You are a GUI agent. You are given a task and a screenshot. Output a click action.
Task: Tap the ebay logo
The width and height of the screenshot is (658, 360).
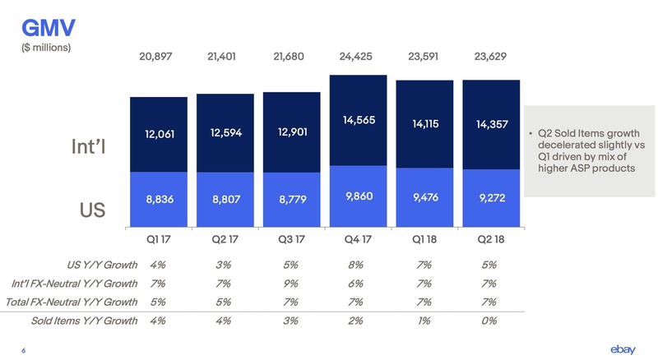click(623, 349)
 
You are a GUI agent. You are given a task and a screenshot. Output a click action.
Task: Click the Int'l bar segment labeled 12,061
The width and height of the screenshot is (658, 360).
click(159, 134)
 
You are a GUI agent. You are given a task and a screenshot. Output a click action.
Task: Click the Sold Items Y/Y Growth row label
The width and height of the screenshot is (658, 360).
click(84, 321)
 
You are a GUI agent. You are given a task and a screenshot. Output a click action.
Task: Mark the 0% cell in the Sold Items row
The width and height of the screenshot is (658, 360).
click(489, 321)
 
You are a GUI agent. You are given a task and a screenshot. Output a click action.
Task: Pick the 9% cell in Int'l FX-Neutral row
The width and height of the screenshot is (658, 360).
click(290, 284)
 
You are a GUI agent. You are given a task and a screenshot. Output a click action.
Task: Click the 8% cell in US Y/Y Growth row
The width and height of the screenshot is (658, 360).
click(357, 265)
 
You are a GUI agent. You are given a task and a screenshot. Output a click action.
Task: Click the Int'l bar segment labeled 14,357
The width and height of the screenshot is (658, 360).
click(490, 124)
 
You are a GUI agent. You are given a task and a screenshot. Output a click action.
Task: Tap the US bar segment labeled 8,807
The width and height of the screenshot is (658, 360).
click(225, 199)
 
